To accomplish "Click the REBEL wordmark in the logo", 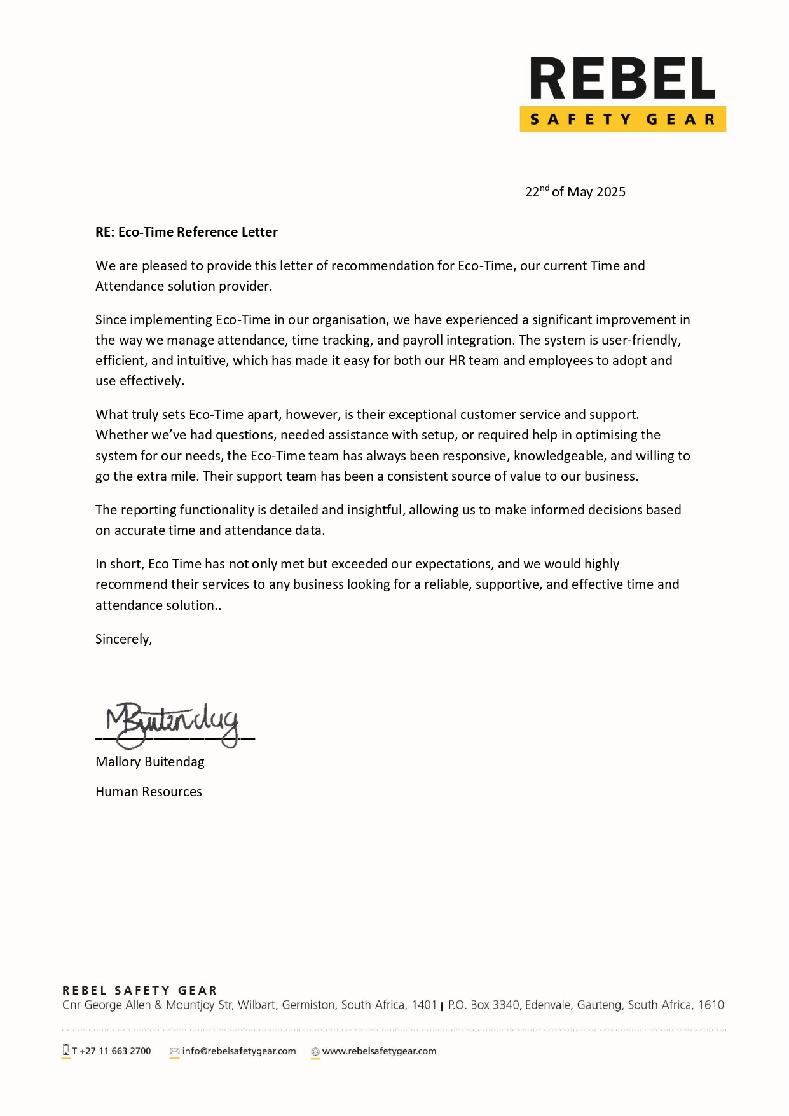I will pos(622,79).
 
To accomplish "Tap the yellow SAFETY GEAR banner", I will pos(622,120).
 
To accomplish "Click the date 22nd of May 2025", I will pos(575,192).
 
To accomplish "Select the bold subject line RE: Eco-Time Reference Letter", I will pos(186,232).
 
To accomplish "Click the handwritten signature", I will pos(172,724).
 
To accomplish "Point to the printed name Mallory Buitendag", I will pos(150,762).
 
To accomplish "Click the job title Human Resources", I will pos(149,792).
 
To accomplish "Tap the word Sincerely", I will pos(123,639).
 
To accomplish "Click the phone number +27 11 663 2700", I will pos(115,1051).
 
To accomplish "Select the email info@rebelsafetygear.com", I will pos(239,1051).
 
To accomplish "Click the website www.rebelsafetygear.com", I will pos(379,1051).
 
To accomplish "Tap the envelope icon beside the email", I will pos(174,1052).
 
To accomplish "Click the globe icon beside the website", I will pos(315,1052).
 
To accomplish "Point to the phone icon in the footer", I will pos(65,1050).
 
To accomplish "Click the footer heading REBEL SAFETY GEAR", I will pos(140,990).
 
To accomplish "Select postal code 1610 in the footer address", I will pos(711,1005).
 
